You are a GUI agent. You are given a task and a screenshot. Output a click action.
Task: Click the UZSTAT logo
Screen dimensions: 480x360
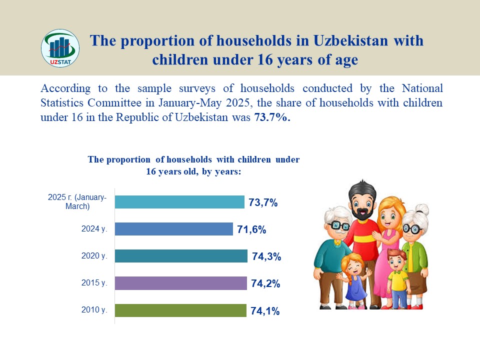click(x=60, y=48)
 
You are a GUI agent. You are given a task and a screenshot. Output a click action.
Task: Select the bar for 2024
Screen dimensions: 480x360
click(x=174, y=229)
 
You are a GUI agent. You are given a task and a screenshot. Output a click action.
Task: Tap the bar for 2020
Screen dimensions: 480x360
click(x=181, y=256)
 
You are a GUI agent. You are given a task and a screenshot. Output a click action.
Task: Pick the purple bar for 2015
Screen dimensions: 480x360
click(x=181, y=283)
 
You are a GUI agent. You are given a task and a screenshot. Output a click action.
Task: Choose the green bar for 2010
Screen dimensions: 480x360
click(x=180, y=310)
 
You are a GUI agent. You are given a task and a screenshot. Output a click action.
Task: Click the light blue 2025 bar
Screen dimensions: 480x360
click(x=179, y=202)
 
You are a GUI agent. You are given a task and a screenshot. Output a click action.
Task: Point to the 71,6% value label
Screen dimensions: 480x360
click(x=251, y=229)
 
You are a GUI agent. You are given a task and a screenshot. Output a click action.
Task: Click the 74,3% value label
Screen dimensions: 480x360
click(x=266, y=256)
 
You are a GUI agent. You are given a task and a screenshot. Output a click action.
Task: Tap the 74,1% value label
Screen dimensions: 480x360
click(x=265, y=311)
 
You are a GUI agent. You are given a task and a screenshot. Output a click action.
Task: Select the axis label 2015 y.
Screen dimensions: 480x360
click(x=94, y=282)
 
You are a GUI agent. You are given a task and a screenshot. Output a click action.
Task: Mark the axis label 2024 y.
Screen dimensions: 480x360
click(x=94, y=228)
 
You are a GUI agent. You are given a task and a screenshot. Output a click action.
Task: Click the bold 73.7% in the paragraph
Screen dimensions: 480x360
click(x=272, y=117)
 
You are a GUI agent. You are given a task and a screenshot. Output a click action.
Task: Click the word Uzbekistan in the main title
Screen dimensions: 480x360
click(x=350, y=40)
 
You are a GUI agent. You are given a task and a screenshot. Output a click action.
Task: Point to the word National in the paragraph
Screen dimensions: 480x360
click(x=422, y=88)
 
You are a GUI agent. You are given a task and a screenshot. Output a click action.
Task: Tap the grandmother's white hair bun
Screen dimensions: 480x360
click(x=423, y=209)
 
